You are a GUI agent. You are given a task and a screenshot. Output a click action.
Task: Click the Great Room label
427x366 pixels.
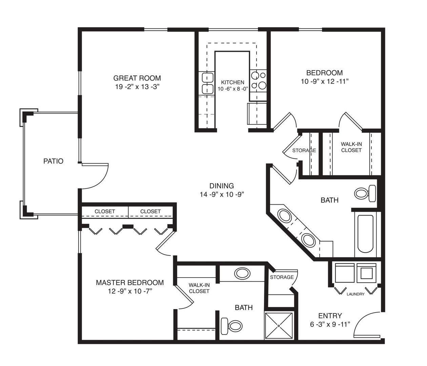(x=137, y=78)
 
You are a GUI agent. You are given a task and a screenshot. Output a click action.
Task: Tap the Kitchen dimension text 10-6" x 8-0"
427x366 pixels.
(x=233, y=89)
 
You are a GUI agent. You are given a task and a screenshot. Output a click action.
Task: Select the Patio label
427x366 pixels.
(x=53, y=161)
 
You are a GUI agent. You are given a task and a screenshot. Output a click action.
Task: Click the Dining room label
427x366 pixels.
(x=222, y=186)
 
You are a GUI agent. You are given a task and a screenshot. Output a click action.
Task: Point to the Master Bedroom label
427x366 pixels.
(x=130, y=283)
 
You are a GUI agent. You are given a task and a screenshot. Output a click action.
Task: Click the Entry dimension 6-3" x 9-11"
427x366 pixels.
(x=330, y=324)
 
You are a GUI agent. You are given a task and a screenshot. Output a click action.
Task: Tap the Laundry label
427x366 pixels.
(x=355, y=294)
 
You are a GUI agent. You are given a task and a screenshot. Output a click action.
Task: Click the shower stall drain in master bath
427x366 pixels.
(x=279, y=326)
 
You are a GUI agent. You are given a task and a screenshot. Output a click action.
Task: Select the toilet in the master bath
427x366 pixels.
(x=231, y=326)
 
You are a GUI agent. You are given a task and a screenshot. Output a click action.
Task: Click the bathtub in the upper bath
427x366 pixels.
(x=365, y=234)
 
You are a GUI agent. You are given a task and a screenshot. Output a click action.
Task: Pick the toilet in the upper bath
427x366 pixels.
(x=365, y=194)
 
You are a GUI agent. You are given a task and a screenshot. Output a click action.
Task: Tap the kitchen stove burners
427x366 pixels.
(x=258, y=80)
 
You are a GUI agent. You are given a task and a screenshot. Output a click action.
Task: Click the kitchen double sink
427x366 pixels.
(x=207, y=83)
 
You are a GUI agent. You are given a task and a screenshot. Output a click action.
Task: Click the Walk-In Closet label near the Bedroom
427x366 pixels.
(x=351, y=147)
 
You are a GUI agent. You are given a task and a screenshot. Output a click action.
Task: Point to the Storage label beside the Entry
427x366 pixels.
(x=282, y=277)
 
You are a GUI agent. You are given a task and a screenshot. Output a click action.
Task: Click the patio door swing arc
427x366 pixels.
(x=100, y=182)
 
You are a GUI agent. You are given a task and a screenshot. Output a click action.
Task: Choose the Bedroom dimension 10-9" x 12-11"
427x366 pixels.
(x=325, y=81)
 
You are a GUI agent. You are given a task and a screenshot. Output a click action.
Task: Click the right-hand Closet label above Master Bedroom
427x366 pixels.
(x=150, y=211)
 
